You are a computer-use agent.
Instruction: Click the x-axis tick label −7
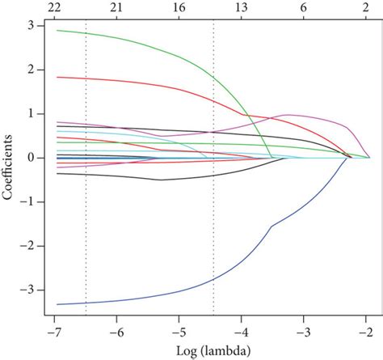click(x=55, y=332)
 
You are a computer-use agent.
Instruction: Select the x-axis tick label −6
click(x=117, y=332)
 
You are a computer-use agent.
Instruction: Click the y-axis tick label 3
click(x=29, y=26)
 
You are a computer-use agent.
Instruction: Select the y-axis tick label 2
click(x=29, y=70)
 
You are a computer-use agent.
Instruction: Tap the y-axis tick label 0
click(x=29, y=158)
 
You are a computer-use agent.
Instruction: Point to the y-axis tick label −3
click(x=27, y=289)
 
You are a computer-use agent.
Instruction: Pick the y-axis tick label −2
click(x=27, y=245)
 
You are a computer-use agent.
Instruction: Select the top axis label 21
click(x=117, y=7)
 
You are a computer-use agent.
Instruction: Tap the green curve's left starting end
click(x=57, y=31)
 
